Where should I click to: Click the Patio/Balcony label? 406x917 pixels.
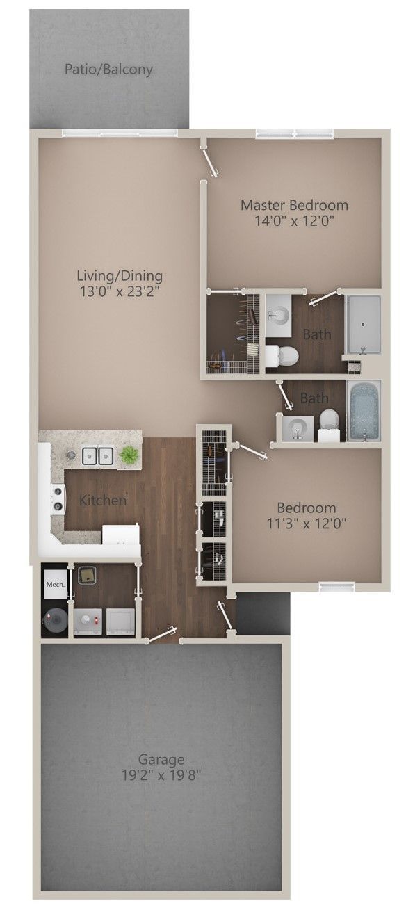coord(108,70)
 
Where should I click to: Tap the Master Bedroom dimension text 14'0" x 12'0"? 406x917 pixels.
coord(294,222)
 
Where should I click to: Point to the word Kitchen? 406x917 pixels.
coord(102,500)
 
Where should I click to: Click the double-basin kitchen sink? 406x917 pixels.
coord(97,456)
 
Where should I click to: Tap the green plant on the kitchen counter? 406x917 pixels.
coord(129,455)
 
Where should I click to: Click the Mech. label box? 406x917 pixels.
coord(55,585)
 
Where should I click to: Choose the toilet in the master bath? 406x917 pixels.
coord(284,356)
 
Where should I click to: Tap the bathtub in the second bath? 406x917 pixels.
coord(362,411)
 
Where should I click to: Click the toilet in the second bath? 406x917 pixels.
coord(329,422)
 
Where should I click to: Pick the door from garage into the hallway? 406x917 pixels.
coord(161,635)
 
